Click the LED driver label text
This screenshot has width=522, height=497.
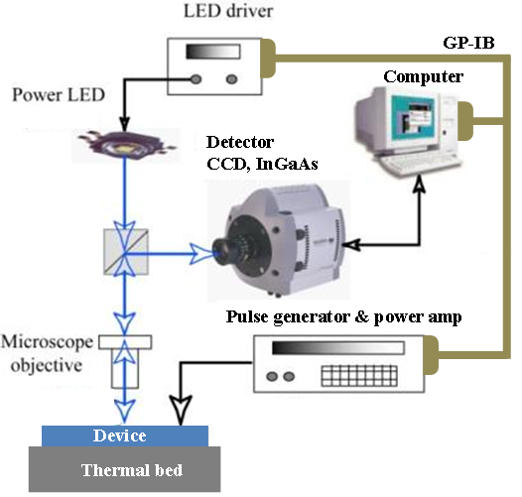click(228, 11)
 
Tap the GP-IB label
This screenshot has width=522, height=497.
click(468, 43)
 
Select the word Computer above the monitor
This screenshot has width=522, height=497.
click(423, 77)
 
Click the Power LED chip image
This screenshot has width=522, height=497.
click(126, 145)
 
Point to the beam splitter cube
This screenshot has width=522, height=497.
click(126, 252)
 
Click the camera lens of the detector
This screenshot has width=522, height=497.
click(223, 250)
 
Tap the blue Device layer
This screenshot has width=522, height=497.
click(125, 436)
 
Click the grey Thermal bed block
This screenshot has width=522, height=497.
click(124, 469)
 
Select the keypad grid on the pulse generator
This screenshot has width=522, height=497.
click(359, 376)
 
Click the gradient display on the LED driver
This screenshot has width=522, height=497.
click(213, 52)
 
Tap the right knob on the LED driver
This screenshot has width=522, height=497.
click(231, 79)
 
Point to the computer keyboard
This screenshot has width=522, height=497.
click(420, 163)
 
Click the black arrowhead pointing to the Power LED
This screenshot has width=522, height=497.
click(124, 124)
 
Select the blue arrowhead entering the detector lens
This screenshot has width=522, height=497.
click(200, 254)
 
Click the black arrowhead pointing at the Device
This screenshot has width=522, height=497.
click(181, 411)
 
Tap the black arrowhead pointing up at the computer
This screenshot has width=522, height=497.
click(420, 185)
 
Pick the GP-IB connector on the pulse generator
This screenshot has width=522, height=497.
click(432, 355)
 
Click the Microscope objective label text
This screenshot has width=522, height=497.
click(47, 353)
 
